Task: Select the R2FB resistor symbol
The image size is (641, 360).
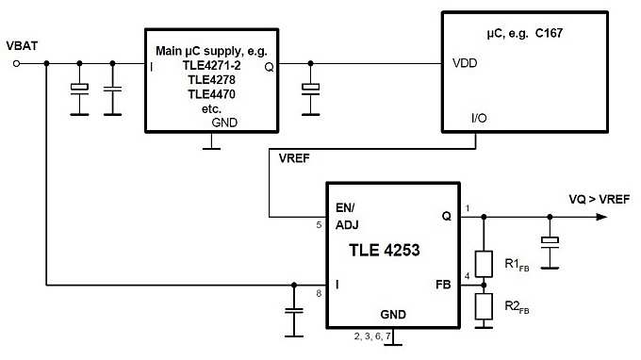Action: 484,305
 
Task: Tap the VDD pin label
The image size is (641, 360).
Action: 466,64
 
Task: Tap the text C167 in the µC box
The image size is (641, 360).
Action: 554,35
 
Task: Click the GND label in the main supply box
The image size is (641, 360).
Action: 224,123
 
